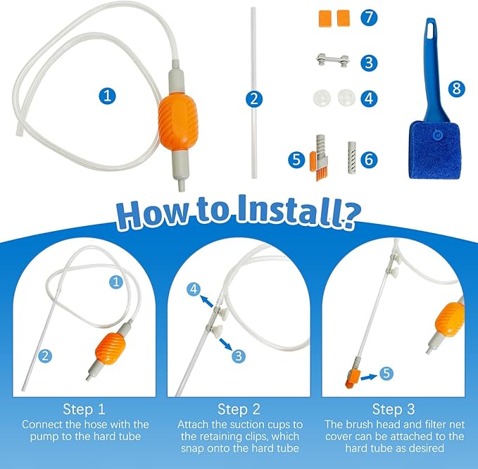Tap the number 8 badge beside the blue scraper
[456, 89]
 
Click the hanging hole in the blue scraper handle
[431, 30]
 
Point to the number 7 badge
[369, 17]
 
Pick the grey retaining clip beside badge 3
[332, 60]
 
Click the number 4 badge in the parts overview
[369, 99]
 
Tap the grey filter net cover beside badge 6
[352, 157]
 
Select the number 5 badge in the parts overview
[296, 159]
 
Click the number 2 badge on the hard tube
[254, 99]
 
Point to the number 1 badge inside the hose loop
[107, 96]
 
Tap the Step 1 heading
[84, 409]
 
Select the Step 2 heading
[239, 409]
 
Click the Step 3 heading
[394, 409]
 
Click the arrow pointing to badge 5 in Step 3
[369, 377]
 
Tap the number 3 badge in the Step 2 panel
[239, 356]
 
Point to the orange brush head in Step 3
[353, 378]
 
